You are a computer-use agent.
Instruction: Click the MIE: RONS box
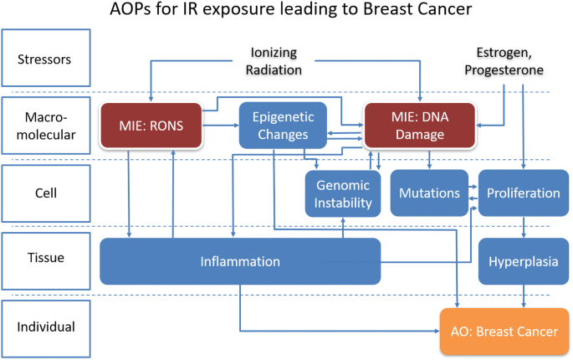click(x=151, y=126)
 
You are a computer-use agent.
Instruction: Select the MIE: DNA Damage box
click(x=420, y=126)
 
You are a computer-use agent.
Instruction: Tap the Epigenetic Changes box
click(x=283, y=126)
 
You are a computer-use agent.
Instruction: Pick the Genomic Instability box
click(x=343, y=193)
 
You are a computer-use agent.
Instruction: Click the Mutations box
click(x=429, y=193)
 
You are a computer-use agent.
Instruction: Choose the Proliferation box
click(x=524, y=193)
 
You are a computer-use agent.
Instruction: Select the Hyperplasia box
click(x=524, y=261)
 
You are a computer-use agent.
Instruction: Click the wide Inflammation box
click(x=240, y=261)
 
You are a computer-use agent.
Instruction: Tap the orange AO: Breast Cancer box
click(x=504, y=332)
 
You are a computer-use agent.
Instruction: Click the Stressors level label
click(x=46, y=58)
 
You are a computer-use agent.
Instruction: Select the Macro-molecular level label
click(x=46, y=126)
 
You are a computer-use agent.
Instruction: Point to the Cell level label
click(x=46, y=193)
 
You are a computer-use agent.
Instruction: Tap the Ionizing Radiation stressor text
click(x=274, y=61)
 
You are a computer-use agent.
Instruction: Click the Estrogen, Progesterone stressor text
click(x=504, y=61)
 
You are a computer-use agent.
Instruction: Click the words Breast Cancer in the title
click(x=417, y=8)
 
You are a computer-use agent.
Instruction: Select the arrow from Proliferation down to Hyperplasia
click(x=524, y=227)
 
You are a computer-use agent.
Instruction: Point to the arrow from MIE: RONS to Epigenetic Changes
click(x=221, y=126)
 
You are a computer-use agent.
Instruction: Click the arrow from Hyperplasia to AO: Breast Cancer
click(x=524, y=296)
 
